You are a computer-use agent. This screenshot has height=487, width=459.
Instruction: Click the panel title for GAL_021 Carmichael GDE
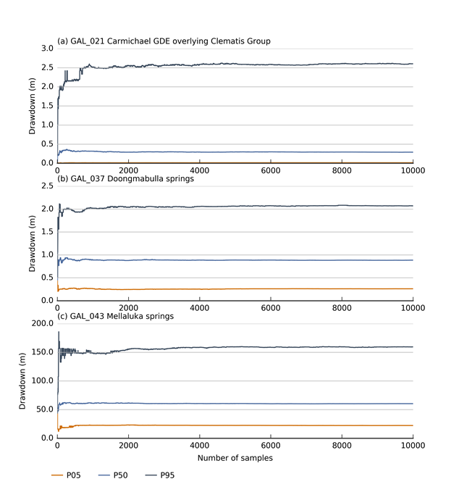tap(164, 41)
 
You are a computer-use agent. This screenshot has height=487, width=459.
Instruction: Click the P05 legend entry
tap(70, 475)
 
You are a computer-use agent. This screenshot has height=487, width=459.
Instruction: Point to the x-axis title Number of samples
tap(235, 458)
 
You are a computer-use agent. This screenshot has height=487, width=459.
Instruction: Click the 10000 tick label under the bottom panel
tap(412, 446)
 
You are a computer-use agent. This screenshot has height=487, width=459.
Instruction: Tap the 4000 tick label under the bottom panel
tap(199, 446)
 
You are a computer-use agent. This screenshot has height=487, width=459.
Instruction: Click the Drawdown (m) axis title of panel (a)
tap(31, 106)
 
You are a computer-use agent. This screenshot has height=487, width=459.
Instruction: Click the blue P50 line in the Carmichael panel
tap(253, 152)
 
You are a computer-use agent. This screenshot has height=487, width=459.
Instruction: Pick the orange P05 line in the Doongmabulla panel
tap(253, 288)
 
